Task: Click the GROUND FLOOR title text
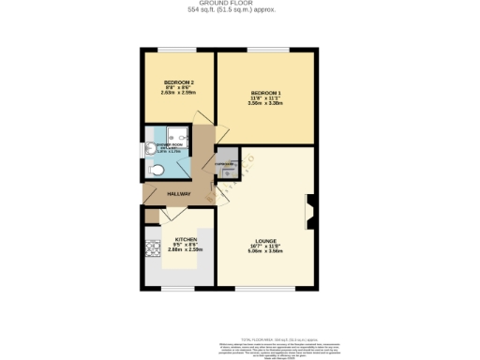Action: coord(239,4)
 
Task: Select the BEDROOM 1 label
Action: coord(265,92)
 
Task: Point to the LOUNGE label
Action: coord(265,240)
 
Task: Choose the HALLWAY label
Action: coord(178,194)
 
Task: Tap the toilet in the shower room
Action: coord(157,170)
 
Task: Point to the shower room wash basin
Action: coord(149,150)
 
